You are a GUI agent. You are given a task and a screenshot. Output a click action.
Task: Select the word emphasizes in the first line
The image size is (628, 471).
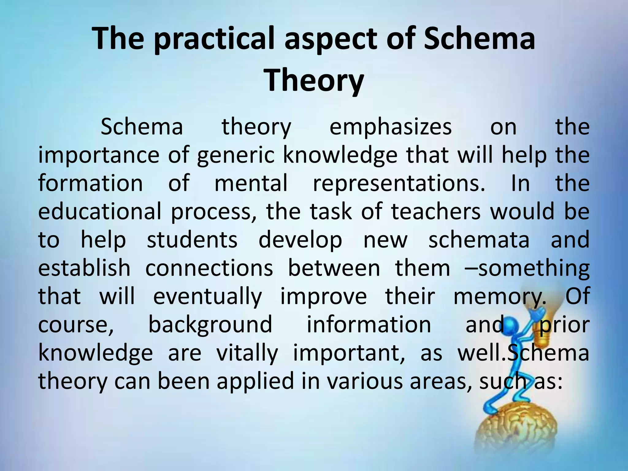click(x=390, y=127)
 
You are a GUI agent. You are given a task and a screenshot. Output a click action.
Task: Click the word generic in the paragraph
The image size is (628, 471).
click(x=235, y=155)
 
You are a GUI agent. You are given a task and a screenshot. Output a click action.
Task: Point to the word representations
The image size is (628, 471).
click(x=399, y=183)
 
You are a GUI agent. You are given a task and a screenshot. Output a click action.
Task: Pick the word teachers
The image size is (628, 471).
click(x=436, y=212)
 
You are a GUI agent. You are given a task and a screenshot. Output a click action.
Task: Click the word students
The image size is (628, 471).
click(x=192, y=240)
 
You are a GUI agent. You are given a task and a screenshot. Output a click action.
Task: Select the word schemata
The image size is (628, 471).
click(x=479, y=240)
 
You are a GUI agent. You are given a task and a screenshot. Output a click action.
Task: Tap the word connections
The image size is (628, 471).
click(x=209, y=268)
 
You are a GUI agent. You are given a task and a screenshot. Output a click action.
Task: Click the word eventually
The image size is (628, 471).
click(x=208, y=297)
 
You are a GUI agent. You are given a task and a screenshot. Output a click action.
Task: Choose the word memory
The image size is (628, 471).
click(x=500, y=297)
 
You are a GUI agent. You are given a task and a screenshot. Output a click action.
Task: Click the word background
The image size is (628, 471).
click(x=210, y=324)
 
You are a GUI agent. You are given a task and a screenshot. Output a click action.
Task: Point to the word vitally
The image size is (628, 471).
click(x=247, y=353)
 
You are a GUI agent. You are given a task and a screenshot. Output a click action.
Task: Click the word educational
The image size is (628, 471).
click(x=99, y=212)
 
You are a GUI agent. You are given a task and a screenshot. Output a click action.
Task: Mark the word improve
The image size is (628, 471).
click(x=324, y=297)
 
